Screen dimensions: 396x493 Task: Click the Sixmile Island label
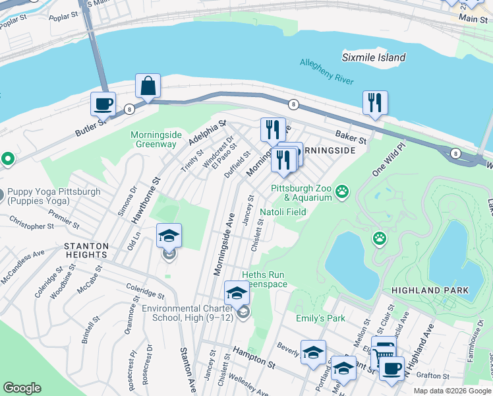(374, 57)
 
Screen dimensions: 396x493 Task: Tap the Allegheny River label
(327, 72)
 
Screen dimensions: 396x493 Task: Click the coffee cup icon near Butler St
(103, 104)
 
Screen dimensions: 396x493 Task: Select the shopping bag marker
(148, 86)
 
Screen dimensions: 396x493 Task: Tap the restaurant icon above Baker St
(374, 103)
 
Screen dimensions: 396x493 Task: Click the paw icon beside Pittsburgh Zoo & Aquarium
(342, 192)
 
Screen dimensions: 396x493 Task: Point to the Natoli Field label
(283, 212)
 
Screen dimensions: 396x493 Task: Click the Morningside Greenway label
(156, 139)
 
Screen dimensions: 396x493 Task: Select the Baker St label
(350, 136)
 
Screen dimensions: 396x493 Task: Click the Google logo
(22, 388)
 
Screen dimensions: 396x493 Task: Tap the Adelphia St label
(207, 133)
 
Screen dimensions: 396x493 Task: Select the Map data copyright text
(452, 391)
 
